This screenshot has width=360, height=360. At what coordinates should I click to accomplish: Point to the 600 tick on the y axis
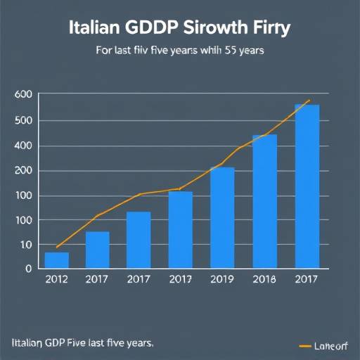coord(23,95)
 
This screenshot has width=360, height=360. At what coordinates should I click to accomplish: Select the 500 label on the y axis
coord(23,120)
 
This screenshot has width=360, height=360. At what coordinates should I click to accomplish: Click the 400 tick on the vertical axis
coord(23,146)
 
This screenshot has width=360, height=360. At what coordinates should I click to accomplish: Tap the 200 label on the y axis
coord(23,171)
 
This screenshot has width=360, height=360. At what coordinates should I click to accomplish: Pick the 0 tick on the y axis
coord(28,269)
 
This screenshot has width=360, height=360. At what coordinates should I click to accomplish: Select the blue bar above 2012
coord(57,259)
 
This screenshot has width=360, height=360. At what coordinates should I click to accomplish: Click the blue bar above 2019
coord(222,217)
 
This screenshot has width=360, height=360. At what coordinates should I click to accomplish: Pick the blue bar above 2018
coord(264,201)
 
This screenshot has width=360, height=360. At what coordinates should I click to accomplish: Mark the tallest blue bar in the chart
coord(307,186)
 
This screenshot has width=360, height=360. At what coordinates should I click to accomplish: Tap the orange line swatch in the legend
coord(305,346)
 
